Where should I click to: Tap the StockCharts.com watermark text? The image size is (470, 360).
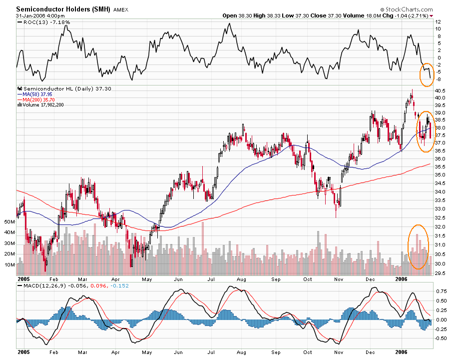408,9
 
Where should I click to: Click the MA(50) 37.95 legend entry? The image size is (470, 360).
38,94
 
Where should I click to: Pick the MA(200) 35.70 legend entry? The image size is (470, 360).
39,99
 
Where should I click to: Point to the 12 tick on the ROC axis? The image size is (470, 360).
438,22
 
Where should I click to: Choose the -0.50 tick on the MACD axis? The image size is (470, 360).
441,338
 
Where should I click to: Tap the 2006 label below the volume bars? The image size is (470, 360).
402,278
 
